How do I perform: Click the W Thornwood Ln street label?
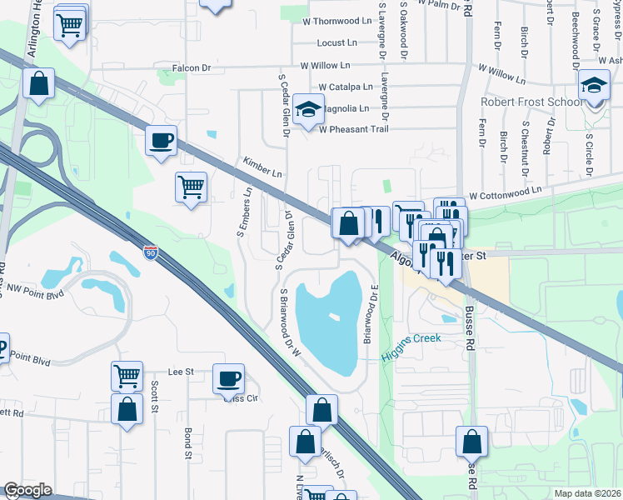[x=337, y=21]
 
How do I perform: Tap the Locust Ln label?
[x=336, y=42]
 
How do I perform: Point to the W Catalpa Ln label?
[x=346, y=87]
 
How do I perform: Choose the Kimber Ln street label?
[x=262, y=167]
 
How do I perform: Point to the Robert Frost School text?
[x=531, y=102]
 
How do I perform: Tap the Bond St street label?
[x=188, y=444]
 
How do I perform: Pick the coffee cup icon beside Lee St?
[x=228, y=379]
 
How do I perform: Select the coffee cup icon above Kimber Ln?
[x=161, y=140]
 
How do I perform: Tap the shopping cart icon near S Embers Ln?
[x=192, y=186]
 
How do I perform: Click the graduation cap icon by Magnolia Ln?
[x=308, y=110]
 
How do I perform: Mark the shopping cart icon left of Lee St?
[x=127, y=376]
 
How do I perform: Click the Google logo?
[x=27, y=490]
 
